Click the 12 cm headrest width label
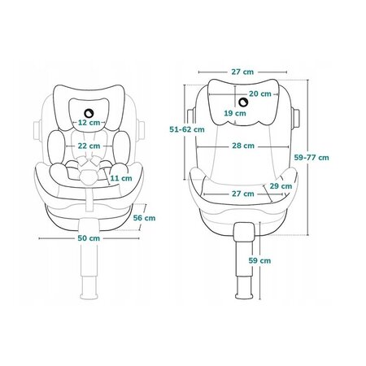click(x=89, y=123)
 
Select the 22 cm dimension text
click(x=89, y=146)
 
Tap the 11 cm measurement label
click(x=121, y=178)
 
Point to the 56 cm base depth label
click(x=144, y=218)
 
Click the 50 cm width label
click(x=89, y=238)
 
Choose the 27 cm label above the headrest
click(x=242, y=72)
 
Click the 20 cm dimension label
click(x=260, y=94)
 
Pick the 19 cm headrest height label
click(x=235, y=113)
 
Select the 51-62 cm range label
click(x=187, y=129)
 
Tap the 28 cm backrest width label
click(x=243, y=146)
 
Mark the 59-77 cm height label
click(x=312, y=158)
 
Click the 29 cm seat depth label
click(x=281, y=186)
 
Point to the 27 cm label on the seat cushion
click(x=243, y=194)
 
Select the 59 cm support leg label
click(x=259, y=260)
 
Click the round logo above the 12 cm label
click(x=88, y=112)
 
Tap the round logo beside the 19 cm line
click(x=243, y=102)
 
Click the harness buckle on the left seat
click(x=88, y=176)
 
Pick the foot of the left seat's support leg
click(x=89, y=295)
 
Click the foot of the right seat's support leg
click(x=244, y=294)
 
